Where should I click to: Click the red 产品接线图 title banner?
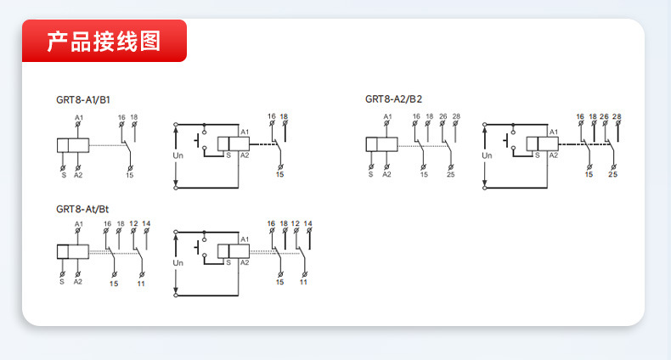tap(104, 41)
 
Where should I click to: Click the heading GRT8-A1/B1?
tap(83, 99)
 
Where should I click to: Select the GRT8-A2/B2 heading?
tap(393, 99)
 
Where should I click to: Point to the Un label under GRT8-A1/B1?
tap(178, 155)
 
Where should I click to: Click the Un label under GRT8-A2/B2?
tap(487, 155)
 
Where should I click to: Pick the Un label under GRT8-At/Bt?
tap(178, 263)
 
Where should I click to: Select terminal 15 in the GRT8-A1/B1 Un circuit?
tap(280, 174)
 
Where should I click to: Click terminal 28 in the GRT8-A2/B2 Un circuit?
tap(617, 115)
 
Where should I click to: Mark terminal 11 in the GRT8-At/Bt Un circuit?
tap(303, 281)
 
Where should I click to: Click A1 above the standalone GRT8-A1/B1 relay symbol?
tap(79, 115)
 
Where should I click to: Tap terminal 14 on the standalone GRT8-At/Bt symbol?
tap(146, 223)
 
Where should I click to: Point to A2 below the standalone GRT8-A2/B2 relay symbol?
tap(386, 174)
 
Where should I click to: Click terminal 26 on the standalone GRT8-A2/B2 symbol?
tap(443, 115)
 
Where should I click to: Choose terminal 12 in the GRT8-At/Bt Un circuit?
tap(295, 223)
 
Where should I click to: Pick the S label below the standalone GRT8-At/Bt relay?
tap(62, 281)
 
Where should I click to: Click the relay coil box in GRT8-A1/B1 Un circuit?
tap(231, 145)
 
